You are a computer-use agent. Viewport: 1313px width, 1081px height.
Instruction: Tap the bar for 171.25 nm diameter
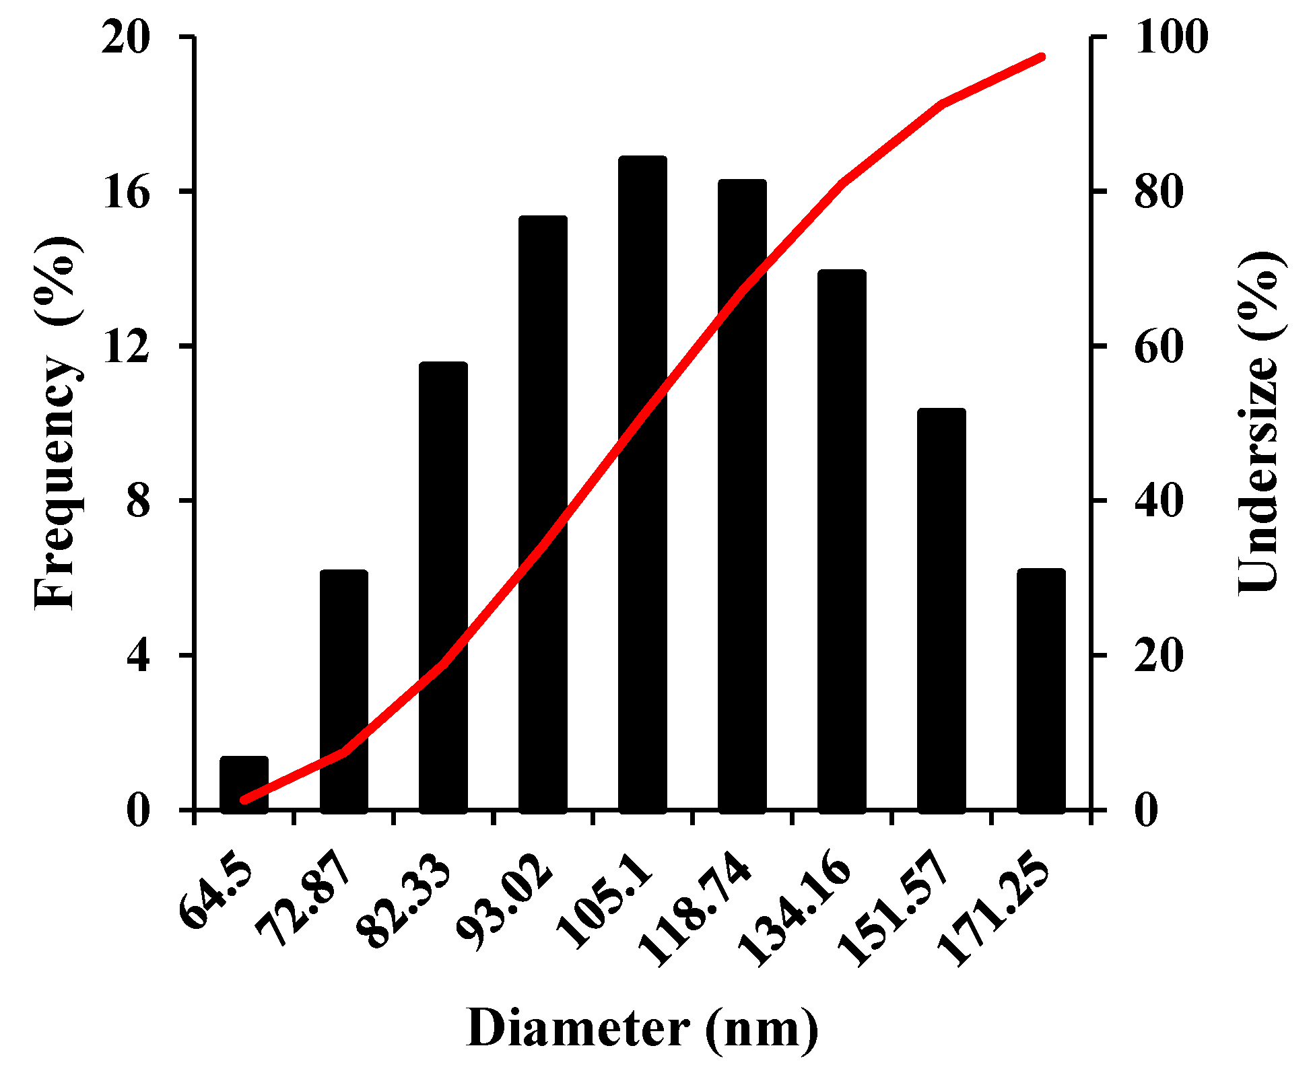coord(1041,693)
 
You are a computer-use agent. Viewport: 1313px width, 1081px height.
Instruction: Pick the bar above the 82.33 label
coord(443,586)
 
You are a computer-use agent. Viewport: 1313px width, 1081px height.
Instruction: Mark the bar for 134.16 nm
coord(842,538)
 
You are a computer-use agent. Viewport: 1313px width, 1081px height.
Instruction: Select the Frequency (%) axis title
coord(57,424)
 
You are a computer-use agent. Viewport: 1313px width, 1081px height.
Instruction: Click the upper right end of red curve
coord(1041,57)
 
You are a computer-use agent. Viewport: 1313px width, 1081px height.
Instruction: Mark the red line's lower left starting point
coord(244,800)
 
